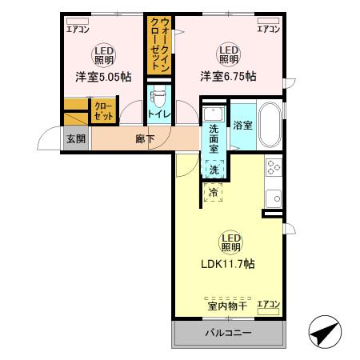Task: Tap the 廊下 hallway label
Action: [144, 138]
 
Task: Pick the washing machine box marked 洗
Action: [214, 169]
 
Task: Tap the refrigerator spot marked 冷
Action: [214, 192]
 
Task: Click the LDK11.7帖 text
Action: [228, 263]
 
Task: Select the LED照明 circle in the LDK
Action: [228, 240]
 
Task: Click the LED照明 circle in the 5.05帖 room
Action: [102, 54]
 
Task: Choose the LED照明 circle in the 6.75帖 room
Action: [228, 54]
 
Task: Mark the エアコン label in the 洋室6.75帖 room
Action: [268, 29]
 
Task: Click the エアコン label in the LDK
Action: [268, 305]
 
